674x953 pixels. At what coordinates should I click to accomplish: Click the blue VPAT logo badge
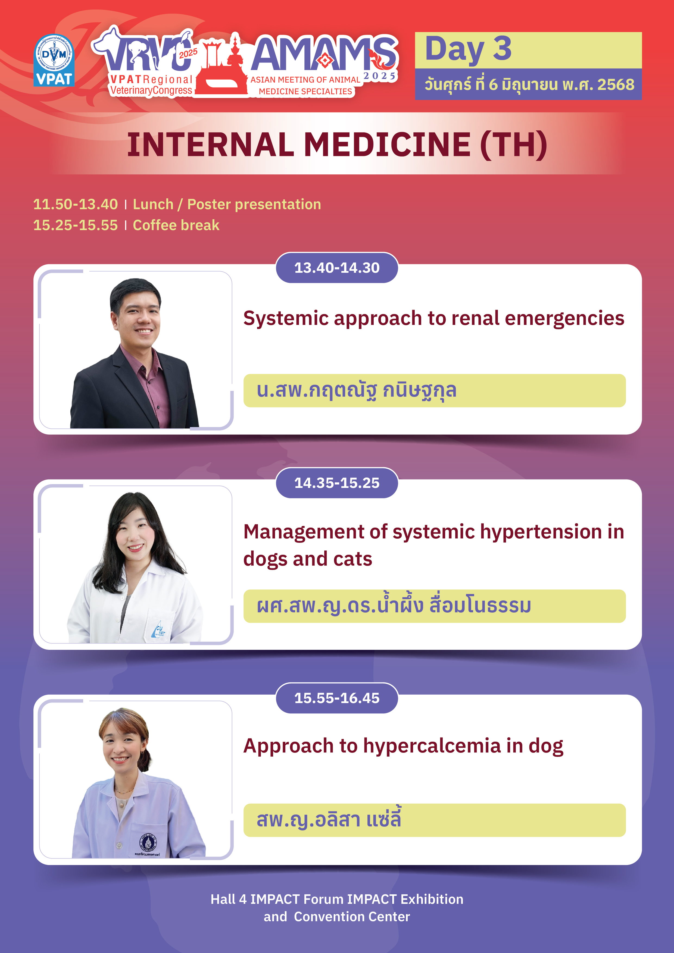(x=54, y=60)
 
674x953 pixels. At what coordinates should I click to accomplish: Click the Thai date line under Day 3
(x=529, y=84)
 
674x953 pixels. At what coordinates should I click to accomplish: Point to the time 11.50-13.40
(x=75, y=204)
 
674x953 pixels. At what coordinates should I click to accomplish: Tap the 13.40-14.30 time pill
(x=337, y=268)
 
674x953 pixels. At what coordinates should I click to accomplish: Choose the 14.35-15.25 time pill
(x=337, y=483)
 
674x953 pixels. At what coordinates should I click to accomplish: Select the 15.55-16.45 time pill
(x=337, y=698)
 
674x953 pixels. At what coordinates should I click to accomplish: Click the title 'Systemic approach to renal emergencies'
(x=433, y=319)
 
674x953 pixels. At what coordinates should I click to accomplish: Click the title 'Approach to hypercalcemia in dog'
(x=403, y=746)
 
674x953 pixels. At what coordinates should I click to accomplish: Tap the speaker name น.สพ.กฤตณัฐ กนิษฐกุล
(x=356, y=390)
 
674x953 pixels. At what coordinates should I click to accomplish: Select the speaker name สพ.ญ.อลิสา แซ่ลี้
(x=329, y=819)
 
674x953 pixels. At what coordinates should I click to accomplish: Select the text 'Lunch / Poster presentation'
(x=227, y=204)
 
